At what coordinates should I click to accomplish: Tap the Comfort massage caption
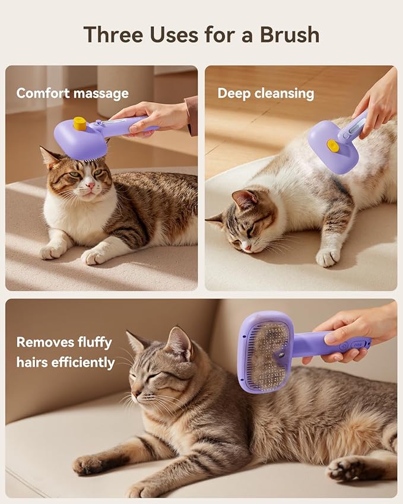72,93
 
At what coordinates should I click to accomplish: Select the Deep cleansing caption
265,93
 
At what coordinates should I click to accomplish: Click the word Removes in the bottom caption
42,342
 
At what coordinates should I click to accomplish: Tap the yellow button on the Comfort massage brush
80,123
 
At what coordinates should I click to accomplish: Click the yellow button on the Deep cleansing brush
334,146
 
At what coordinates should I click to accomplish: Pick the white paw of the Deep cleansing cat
327,257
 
